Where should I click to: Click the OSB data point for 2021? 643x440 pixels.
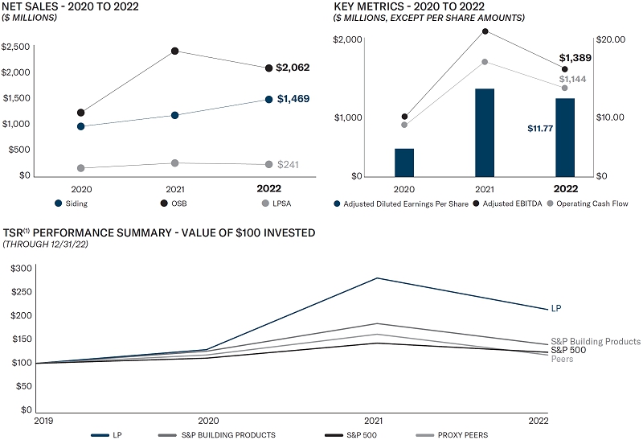174,51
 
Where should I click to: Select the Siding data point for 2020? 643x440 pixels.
80,126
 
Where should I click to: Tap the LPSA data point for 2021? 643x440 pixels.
174,163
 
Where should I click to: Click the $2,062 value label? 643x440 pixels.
293,68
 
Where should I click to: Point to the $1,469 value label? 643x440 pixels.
293,99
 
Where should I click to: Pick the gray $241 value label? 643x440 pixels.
288,165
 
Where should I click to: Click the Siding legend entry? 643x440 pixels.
70,204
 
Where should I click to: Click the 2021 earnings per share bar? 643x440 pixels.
485,132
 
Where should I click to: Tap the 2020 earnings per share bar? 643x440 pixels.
404,162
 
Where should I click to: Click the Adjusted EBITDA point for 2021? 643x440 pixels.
485,31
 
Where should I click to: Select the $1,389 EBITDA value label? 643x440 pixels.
575,58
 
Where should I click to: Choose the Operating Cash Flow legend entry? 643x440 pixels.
593,204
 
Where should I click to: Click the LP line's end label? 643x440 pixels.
555,309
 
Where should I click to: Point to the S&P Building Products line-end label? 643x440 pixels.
595,342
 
